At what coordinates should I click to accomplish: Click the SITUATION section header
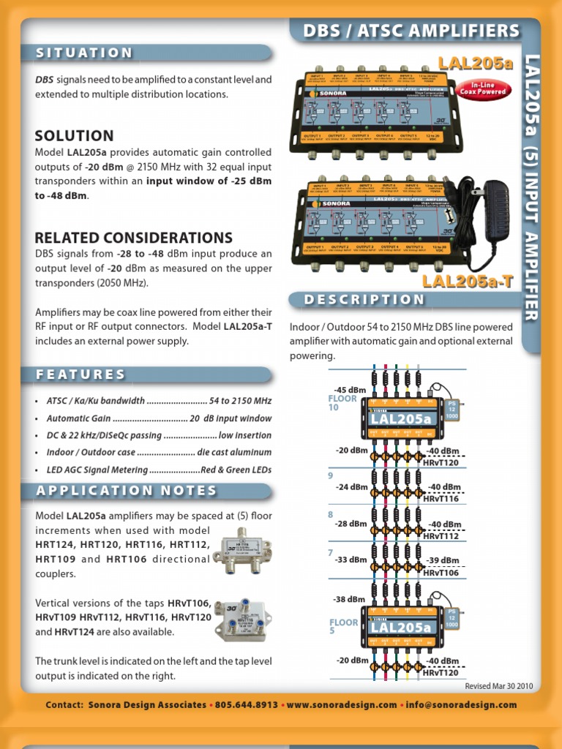click(x=85, y=53)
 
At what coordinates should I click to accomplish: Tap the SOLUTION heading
click(x=75, y=135)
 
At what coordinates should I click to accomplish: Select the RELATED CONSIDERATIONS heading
click(x=134, y=238)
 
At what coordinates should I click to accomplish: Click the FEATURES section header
click(x=81, y=374)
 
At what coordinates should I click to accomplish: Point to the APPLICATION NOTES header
click(x=127, y=491)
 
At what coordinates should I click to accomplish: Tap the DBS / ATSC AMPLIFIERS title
click(x=411, y=31)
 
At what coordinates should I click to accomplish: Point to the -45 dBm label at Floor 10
click(x=349, y=389)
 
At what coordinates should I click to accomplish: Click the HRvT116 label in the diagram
click(x=441, y=497)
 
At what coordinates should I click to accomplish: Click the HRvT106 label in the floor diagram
click(x=441, y=573)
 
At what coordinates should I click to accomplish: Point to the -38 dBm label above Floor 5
click(x=348, y=599)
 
